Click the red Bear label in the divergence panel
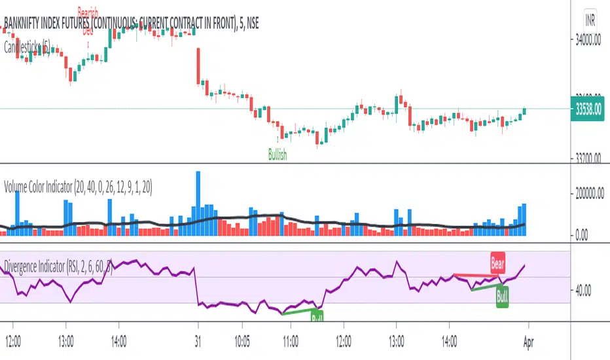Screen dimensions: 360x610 [x=497, y=263]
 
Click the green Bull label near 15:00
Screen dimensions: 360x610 [x=503, y=295]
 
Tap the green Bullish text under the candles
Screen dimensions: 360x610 [x=278, y=154]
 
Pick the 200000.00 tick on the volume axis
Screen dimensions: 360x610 [x=588, y=194]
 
